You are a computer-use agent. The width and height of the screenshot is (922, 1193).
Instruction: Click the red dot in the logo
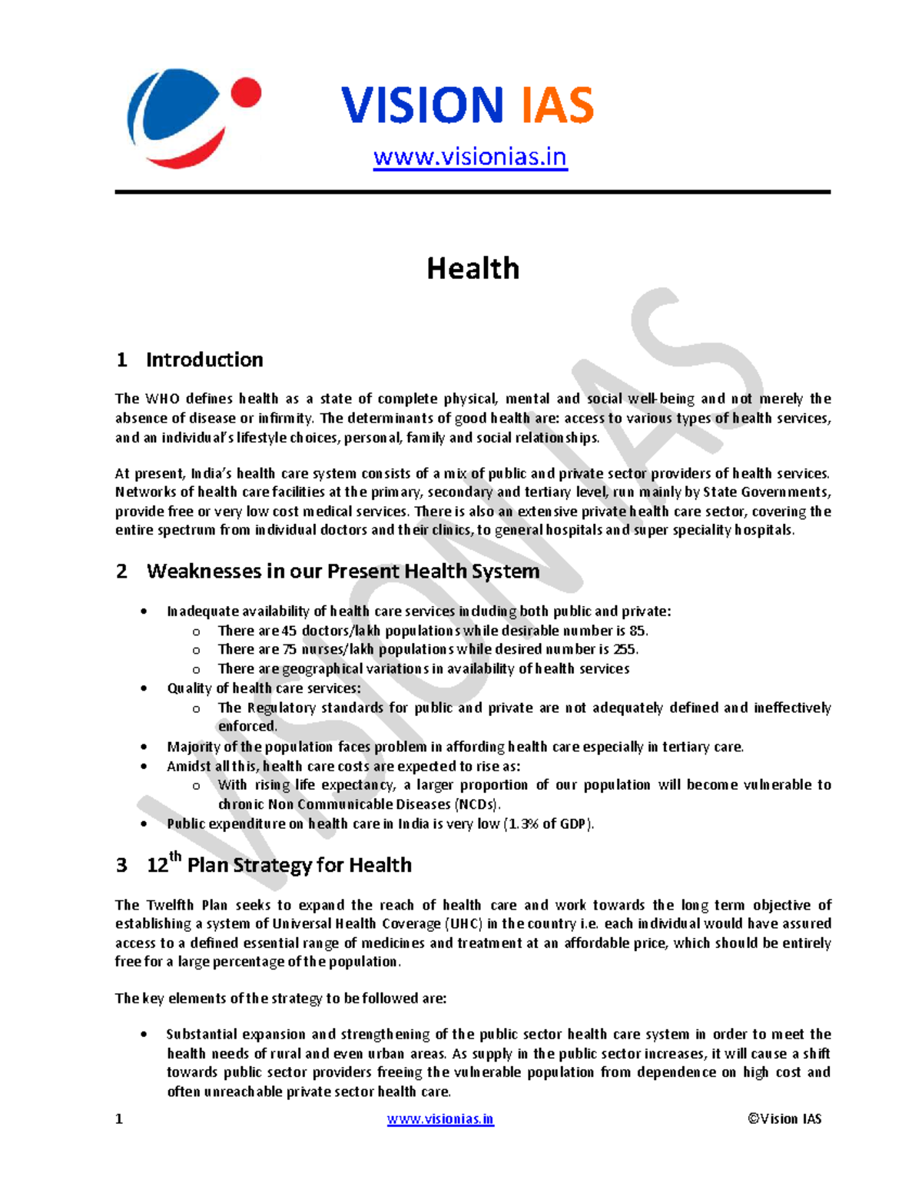point(246,94)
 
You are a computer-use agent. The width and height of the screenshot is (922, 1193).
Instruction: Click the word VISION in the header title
point(422,105)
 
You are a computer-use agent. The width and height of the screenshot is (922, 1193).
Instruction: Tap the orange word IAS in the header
point(557,105)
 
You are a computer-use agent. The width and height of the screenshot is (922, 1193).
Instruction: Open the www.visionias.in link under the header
point(469,157)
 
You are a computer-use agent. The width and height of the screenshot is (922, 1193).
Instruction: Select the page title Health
point(473,269)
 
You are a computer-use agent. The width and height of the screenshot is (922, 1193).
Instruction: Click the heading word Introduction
point(204,360)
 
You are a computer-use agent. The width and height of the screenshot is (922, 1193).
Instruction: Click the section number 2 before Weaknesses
point(121,572)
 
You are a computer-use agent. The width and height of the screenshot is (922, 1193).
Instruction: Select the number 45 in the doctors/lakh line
point(289,631)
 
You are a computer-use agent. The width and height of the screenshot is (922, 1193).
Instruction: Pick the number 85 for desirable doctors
point(637,631)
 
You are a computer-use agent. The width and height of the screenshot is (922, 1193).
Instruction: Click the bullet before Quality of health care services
point(144,688)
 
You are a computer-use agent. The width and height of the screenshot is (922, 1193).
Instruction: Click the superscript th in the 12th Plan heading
point(175,856)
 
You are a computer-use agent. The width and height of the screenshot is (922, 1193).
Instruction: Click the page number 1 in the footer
point(119,1118)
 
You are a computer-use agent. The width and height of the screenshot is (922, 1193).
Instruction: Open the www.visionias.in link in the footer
point(440,1119)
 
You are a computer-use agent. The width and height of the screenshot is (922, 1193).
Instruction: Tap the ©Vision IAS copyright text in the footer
point(784,1118)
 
